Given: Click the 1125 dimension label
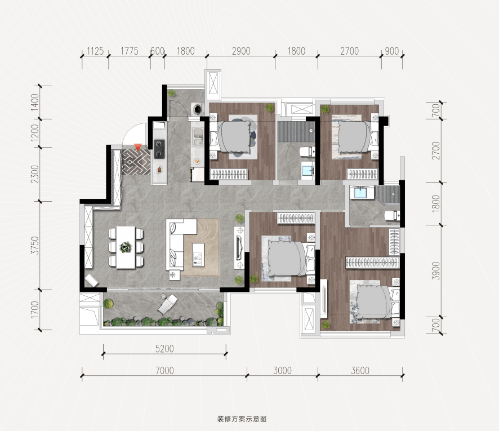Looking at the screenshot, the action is (95, 51).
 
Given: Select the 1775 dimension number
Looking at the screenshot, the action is (130, 51).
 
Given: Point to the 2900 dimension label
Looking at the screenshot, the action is (241, 51).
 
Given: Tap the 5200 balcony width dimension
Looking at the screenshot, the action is (164, 349).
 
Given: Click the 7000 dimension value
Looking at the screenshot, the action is (164, 371).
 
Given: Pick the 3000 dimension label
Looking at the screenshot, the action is (282, 371).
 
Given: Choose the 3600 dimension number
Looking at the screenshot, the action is (360, 371).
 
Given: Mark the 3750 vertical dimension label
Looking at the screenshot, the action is (35, 246).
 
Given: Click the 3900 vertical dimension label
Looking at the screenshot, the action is (436, 271).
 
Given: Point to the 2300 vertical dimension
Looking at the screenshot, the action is (35, 174).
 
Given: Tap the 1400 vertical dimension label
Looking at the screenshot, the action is (35, 102).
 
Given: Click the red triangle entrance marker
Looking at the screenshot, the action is (137, 147).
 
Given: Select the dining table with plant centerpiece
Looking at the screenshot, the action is (126, 247).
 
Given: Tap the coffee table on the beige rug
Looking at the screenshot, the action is (198, 255).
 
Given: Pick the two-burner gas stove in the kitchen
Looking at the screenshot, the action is (159, 149).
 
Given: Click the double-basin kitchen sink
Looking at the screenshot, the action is (198, 137).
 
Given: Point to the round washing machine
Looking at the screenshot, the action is (198, 109).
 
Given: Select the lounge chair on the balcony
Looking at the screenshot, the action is (167, 304).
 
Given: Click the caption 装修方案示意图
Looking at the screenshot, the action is (242, 419).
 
